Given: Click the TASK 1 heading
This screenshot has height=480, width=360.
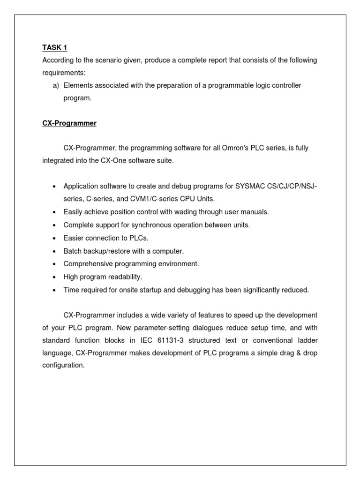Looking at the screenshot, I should click(54, 47).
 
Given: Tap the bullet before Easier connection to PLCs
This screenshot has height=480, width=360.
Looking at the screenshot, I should click(55, 238).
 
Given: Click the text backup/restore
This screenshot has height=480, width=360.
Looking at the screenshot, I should click(106, 251).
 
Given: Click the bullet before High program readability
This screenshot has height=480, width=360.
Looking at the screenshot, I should click(55, 277).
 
